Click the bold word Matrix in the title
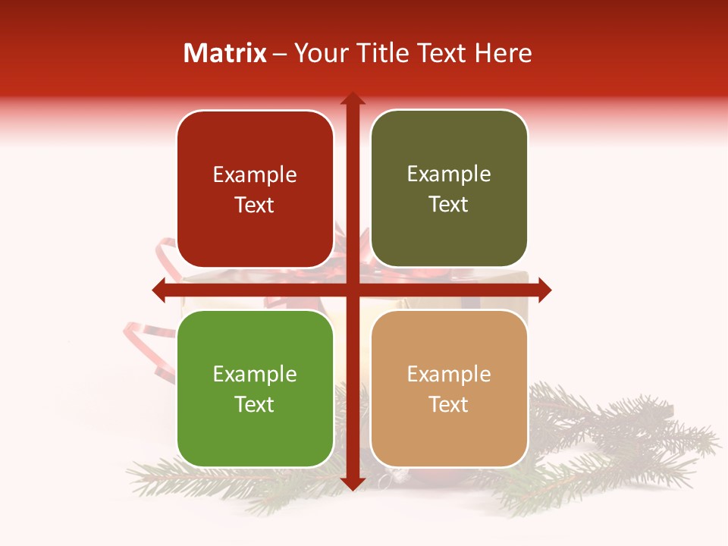[x=225, y=53]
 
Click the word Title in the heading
[x=378, y=53]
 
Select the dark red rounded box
[x=255, y=190]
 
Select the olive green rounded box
[x=449, y=189]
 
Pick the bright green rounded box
[x=255, y=388]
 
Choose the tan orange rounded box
[x=449, y=388]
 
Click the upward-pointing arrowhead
[x=352, y=99]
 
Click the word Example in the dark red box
[x=255, y=175]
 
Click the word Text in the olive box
[x=449, y=205]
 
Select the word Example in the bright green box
[x=255, y=374]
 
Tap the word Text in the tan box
[x=449, y=404]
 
